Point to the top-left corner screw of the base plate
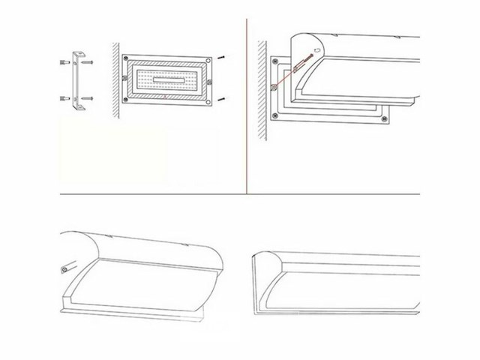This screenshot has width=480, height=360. coord(127,59)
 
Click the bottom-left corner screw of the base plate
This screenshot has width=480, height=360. coord(127,98)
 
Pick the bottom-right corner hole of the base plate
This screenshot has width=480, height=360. coord(207,97)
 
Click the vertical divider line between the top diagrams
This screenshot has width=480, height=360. coord(247,105)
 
